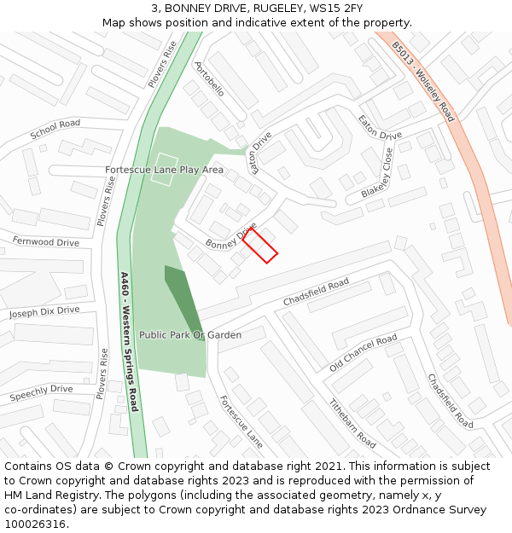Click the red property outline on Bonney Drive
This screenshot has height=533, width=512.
[x=260, y=246]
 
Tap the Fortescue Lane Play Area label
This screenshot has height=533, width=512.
[x=164, y=170]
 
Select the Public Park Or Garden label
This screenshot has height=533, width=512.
[x=190, y=335]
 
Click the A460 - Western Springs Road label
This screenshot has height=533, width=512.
[x=129, y=341]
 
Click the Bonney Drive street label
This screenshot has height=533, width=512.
[x=230, y=238]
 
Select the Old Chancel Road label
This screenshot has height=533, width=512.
[x=364, y=353]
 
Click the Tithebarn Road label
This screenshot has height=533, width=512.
[x=352, y=424]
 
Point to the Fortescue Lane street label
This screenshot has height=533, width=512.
[x=241, y=422]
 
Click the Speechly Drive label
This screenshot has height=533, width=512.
[x=41, y=393]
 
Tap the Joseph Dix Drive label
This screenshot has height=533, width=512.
[x=44, y=312]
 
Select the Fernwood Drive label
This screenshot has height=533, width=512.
[x=45, y=242]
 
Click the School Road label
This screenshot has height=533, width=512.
[x=55, y=130]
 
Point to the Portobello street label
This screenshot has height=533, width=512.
[x=210, y=78]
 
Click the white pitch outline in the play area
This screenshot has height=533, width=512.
[x=164, y=169]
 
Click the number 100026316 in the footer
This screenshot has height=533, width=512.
[x=34, y=524]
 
